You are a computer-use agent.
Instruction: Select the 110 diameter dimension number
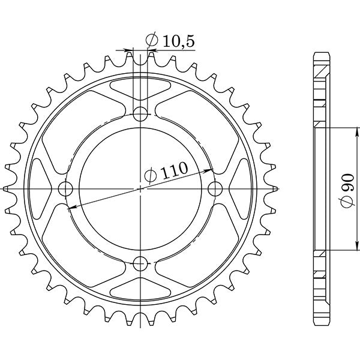(174, 172)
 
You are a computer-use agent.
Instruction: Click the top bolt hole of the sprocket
(140, 113)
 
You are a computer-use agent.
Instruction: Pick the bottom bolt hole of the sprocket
(140, 263)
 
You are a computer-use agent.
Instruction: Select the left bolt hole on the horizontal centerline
(65, 188)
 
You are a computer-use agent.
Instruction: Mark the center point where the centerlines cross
(140, 188)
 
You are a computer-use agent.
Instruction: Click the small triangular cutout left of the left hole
(42, 180)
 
